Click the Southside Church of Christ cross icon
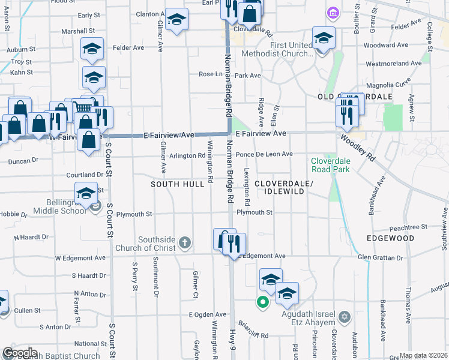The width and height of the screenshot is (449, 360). tap(185, 243)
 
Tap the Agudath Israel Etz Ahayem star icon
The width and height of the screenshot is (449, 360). tap(345, 316)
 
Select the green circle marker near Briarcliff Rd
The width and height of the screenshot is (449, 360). tap(262, 302)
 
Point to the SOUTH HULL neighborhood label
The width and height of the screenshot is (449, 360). tap(178, 184)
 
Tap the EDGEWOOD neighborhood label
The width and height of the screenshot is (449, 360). tap(391, 238)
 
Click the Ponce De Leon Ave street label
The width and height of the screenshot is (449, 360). tap(264, 154)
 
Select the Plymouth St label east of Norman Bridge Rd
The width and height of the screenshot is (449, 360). tap(255, 212)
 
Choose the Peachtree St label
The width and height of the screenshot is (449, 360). tap(408, 227)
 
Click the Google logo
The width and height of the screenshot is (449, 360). tap(19, 353)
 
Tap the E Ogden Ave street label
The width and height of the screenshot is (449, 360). tap(207, 314)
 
